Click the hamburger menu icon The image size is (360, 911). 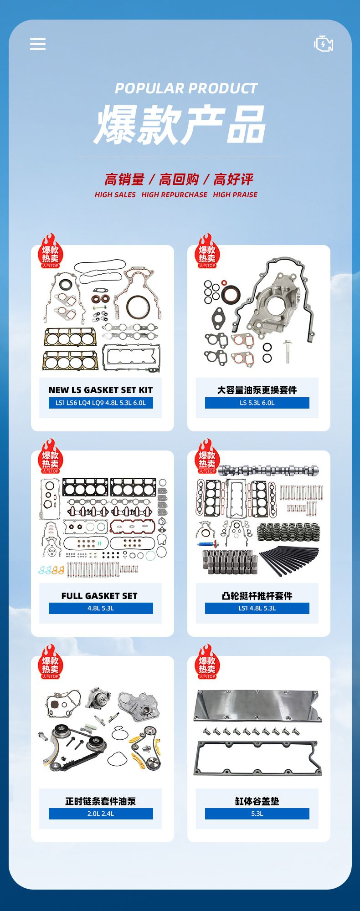38,44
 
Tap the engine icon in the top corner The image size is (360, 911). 324,44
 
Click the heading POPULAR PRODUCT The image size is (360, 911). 186,88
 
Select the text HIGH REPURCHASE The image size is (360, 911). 174,194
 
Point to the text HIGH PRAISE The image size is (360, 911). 235,194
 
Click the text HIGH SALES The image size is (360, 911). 115,194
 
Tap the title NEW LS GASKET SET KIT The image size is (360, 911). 101,390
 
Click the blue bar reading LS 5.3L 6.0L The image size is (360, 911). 257,403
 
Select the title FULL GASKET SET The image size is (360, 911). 99,596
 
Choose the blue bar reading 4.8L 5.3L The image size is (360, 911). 101,608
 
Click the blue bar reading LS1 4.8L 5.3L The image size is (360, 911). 257,608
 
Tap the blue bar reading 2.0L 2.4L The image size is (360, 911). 101,814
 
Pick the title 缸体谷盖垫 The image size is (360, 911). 257,801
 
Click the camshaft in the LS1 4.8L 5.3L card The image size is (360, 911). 268,470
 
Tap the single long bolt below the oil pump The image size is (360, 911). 288,351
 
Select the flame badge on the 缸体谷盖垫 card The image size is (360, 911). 207,661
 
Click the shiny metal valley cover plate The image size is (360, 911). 258,706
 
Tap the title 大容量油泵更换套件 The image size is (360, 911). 257,390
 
